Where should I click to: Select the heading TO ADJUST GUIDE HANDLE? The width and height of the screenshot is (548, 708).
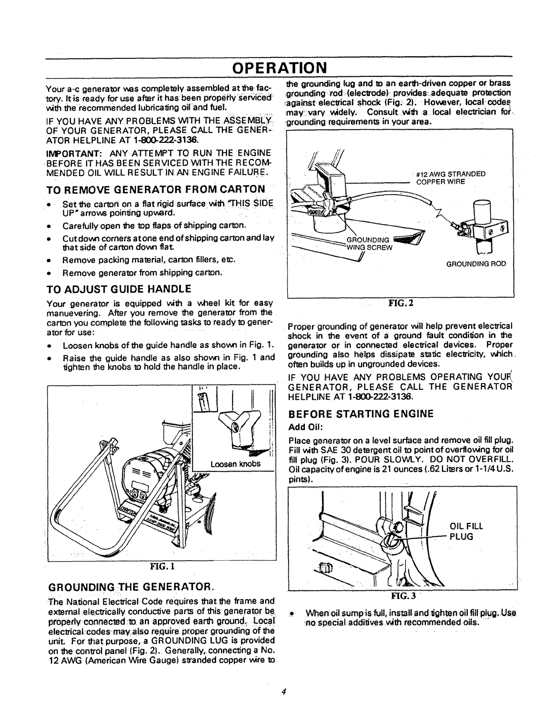pos(119,289)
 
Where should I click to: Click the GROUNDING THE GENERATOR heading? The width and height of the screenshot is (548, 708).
pos(131,587)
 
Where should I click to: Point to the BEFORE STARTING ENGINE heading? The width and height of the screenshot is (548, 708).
pos(361,414)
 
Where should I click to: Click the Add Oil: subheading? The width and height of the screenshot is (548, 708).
pos(305,427)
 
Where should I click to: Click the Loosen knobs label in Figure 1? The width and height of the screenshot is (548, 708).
pos(235,464)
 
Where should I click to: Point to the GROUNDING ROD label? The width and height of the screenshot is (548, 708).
pos(476,264)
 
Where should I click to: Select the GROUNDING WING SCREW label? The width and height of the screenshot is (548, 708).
pos(369,244)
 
